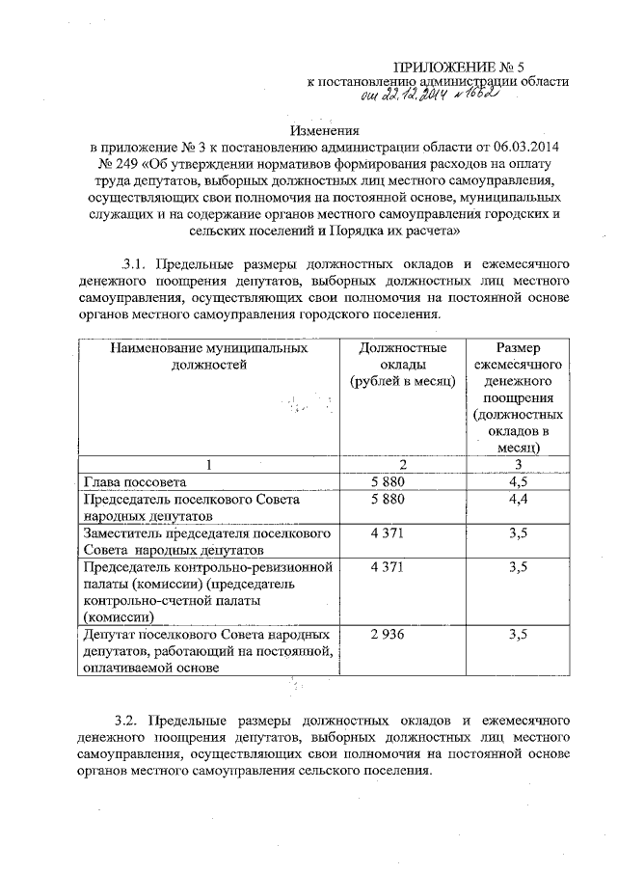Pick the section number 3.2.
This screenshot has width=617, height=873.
pos(129,721)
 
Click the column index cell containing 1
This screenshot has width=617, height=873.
pos(208,465)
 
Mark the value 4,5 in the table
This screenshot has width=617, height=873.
pos(518,481)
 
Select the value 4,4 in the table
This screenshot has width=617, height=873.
pos(518,500)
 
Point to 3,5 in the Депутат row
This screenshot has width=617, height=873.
pos(518,635)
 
